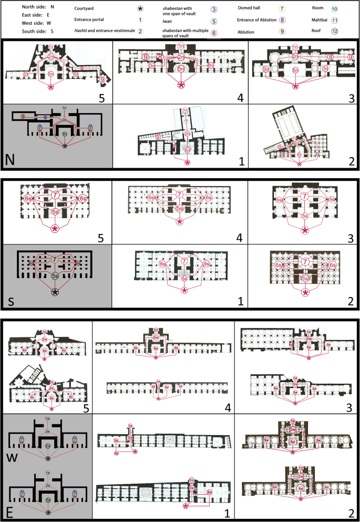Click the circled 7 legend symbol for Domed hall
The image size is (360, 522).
pyautogui.click(x=282, y=8)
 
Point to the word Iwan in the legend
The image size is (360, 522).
pyautogui.click(x=166, y=21)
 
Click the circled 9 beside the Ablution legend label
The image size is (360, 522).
pyautogui.click(x=282, y=31)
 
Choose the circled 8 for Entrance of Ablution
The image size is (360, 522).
pyautogui.click(x=282, y=20)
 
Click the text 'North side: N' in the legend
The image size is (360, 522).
pyautogui.click(x=38, y=7)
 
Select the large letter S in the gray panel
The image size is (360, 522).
pyautogui.click(x=11, y=303)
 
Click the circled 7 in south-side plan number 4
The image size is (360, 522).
pyautogui.click(x=180, y=195)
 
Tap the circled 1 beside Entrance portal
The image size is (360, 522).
pyautogui.click(x=140, y=20)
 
